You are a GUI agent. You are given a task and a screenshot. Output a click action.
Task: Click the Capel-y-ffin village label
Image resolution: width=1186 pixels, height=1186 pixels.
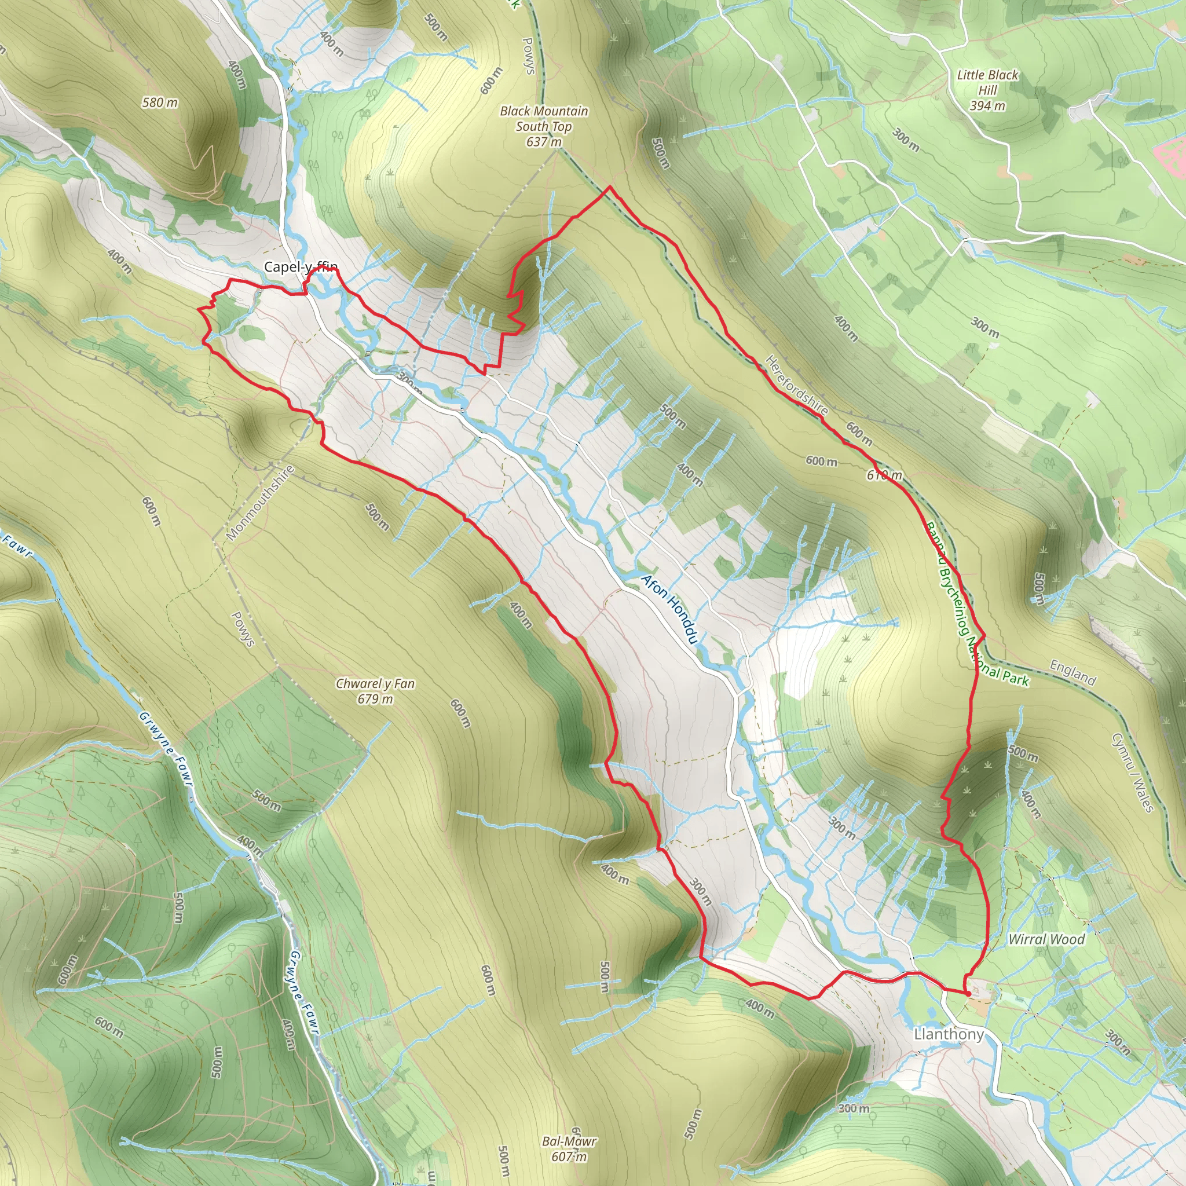[300, 267]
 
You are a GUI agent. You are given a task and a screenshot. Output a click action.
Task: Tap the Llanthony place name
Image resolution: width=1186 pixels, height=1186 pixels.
[949, 1034]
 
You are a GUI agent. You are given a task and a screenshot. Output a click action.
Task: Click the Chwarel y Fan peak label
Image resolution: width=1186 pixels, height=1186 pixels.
[375, 683]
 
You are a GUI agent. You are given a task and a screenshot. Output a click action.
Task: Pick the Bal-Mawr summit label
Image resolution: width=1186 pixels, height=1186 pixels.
[569, 1141]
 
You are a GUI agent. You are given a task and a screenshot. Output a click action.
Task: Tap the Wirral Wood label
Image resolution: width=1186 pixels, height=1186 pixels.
[1046, 939]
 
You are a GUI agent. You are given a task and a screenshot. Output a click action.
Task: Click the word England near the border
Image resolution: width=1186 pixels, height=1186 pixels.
[1072, 672]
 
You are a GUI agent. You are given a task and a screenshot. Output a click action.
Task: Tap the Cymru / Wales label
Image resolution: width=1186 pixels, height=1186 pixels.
[1133, 771]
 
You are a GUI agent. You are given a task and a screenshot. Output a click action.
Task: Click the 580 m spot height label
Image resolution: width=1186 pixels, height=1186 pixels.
[160, 103]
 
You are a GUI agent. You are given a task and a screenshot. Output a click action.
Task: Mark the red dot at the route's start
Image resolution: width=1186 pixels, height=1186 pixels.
[968, 993]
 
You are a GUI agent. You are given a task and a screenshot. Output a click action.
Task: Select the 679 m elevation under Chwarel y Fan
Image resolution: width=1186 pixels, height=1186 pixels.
[375, 699]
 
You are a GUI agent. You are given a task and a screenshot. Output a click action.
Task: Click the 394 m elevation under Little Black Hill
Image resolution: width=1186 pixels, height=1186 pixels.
[987, 105]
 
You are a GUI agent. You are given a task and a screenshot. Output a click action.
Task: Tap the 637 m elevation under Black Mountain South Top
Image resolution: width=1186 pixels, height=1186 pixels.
[544, 142]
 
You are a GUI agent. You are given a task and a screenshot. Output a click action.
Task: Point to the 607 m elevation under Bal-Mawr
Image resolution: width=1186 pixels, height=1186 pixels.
[569, 1156]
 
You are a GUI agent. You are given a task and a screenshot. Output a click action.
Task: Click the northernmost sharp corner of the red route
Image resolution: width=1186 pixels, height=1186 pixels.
[610, 186]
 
